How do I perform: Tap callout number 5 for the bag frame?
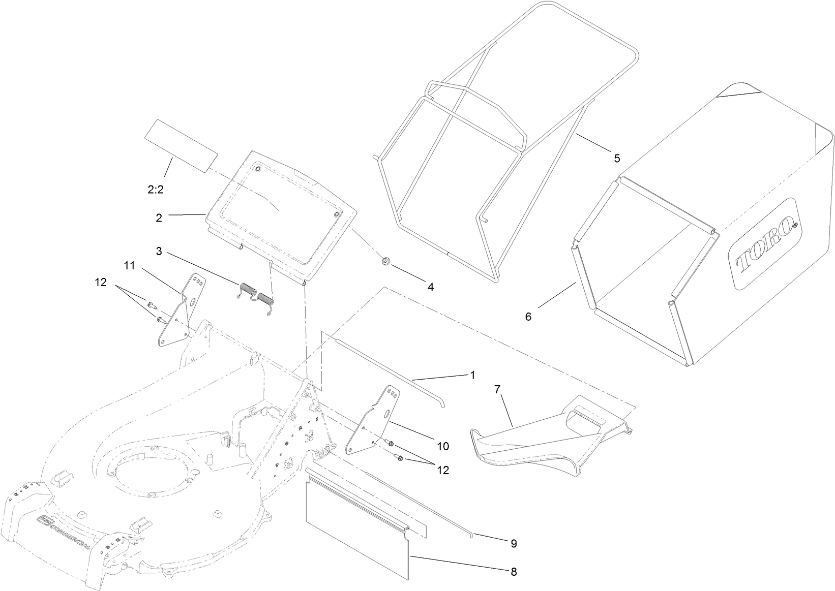coord(617,158)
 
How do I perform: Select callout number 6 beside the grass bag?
coord(528,317)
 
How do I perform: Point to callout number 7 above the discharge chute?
coord(497,389)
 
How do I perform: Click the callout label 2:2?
coord(155,190)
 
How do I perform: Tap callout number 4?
coord(430,287)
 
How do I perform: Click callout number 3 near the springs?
coord(159,251)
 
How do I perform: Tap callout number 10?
coord(442,446)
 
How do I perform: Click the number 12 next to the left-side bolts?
coord(101,282)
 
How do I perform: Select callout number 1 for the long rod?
coord(472,375)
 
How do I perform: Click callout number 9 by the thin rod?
coord(514,543)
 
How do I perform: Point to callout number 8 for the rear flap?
coord(513,572)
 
